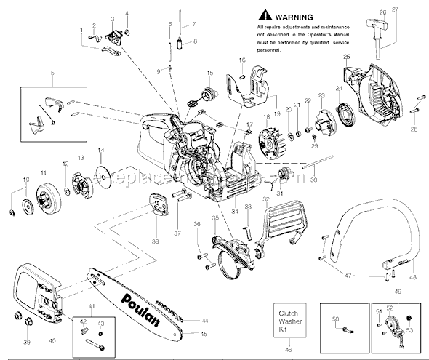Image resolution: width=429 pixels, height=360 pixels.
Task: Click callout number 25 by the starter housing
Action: coord(347,57)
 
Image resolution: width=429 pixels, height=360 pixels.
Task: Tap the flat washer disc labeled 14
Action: coord(103,177)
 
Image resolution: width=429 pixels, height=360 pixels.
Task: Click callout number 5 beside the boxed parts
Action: coord(52,73)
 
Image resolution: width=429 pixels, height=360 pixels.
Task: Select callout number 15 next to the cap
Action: coord(209,73)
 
